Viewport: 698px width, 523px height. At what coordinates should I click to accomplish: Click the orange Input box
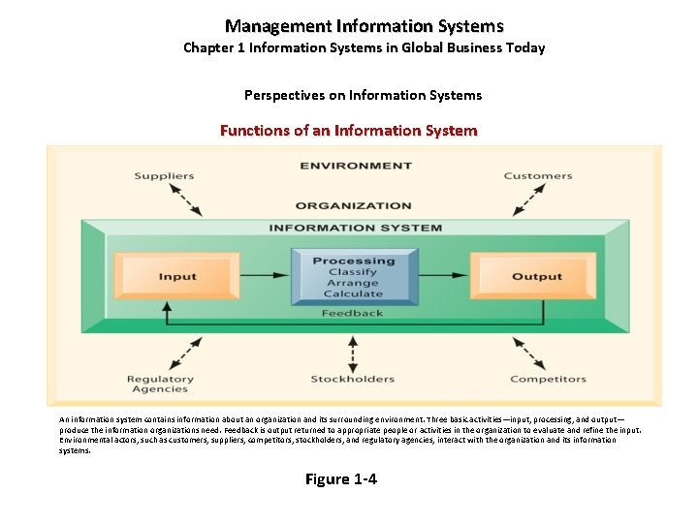click(x=177, y=276)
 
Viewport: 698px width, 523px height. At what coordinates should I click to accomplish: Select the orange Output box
click(x=536, y=276)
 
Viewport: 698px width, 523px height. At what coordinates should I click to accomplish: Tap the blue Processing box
click(x=354, y=276)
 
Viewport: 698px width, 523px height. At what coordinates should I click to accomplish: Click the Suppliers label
click(x=164, y=176)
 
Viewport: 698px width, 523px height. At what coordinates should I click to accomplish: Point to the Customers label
click(x=538, y=176)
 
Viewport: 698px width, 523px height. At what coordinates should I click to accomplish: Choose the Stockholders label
click(x=352, y=379)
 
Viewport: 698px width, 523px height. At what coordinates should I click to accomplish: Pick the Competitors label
click(x=542, y=379)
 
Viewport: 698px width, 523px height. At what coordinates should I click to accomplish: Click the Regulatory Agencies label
click(x=160, y=384)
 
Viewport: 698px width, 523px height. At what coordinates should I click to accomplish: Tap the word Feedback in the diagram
click(x=353, y=313)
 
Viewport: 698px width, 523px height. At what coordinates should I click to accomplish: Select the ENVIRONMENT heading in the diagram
click(x=354, y=166)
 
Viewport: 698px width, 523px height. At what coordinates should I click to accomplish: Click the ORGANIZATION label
click(x=353, y=205)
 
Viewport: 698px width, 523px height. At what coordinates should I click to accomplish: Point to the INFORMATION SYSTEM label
click(x=355, y=229)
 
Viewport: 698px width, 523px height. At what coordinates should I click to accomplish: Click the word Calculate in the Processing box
click(x=354, y=294)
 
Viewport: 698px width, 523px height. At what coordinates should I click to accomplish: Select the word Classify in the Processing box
click(x=353, y=272)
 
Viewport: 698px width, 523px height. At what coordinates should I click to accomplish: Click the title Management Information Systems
click(x=365, y=27)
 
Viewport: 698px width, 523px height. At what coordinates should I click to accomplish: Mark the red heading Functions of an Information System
click(x=349, y=130)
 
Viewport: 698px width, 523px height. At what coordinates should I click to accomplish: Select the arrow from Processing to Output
click(x=445, y=276)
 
